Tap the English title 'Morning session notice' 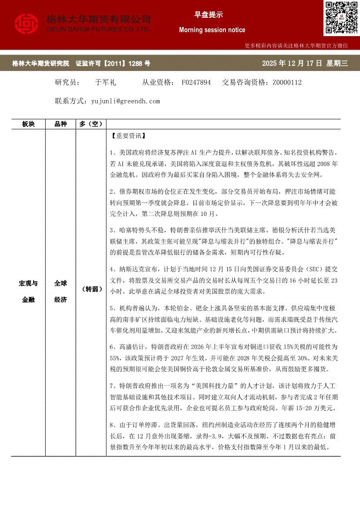click(x=212, y=30)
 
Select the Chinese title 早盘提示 click(x=209, y=15)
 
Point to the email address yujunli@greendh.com click(x=125, y=101)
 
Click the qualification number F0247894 click(x=196, y=82)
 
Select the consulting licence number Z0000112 click(x=287, y=82)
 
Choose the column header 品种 click(x=61, y=124)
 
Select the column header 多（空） click(x=91, y=124)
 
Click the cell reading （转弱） click(x=91, y=289)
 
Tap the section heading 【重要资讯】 click(x=126, y=136)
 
